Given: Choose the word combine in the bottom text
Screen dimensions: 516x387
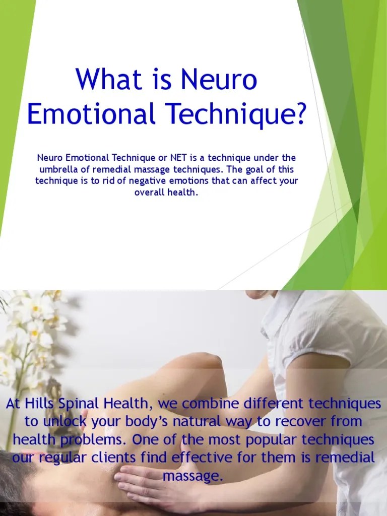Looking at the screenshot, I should [208, 404].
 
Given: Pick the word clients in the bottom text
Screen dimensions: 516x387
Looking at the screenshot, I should [136, 458].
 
